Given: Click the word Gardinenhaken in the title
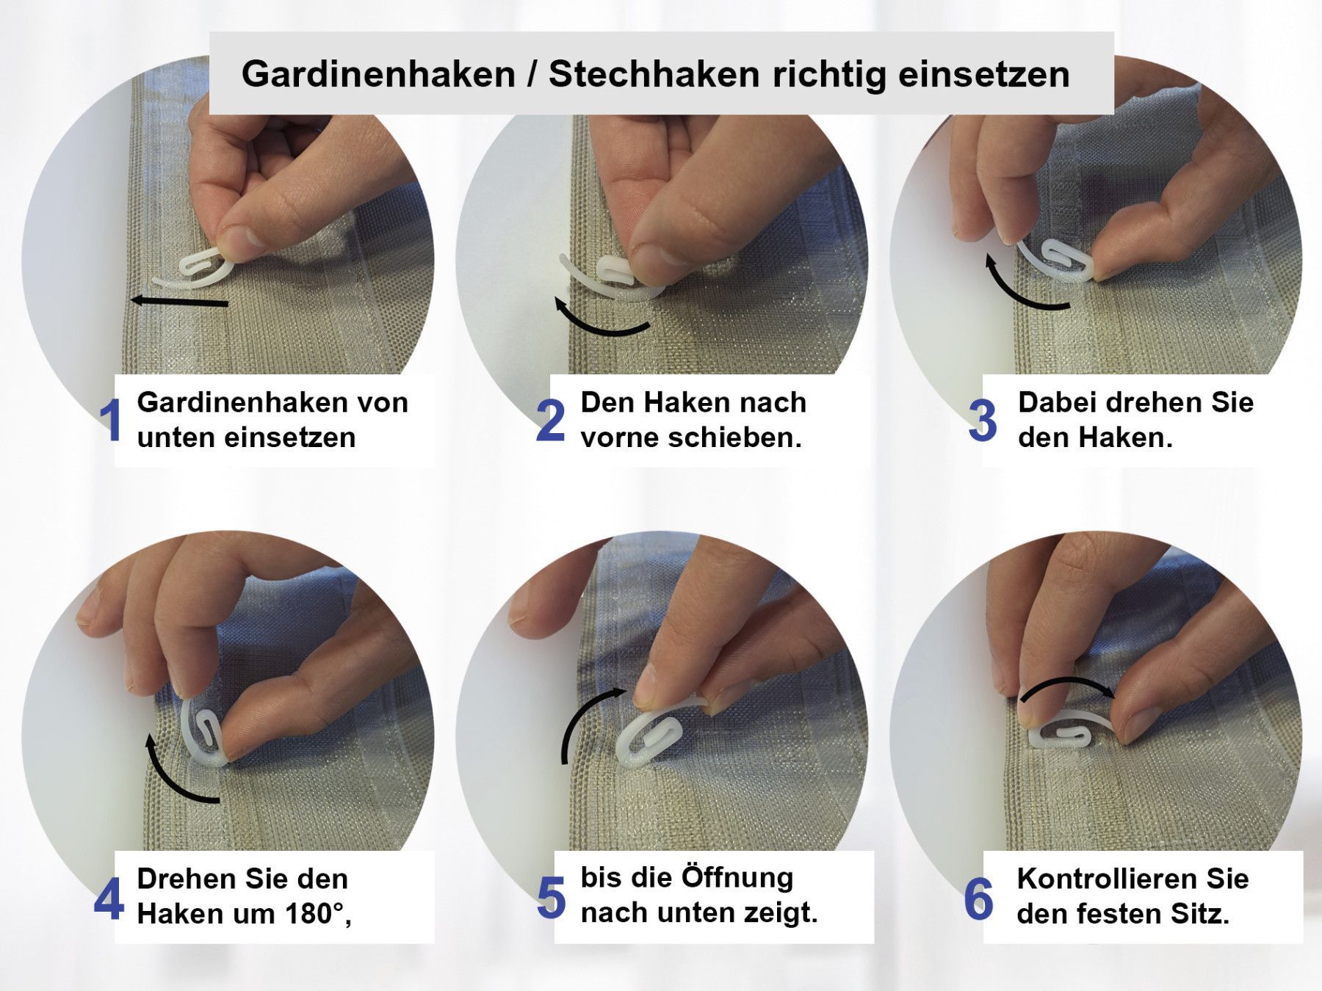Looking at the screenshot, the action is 378,75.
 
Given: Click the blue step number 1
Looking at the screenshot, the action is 111,421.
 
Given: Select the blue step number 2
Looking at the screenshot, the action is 551,421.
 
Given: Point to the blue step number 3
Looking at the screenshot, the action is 983,421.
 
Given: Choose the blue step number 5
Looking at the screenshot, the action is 551,899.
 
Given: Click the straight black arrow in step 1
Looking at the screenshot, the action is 180,300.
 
